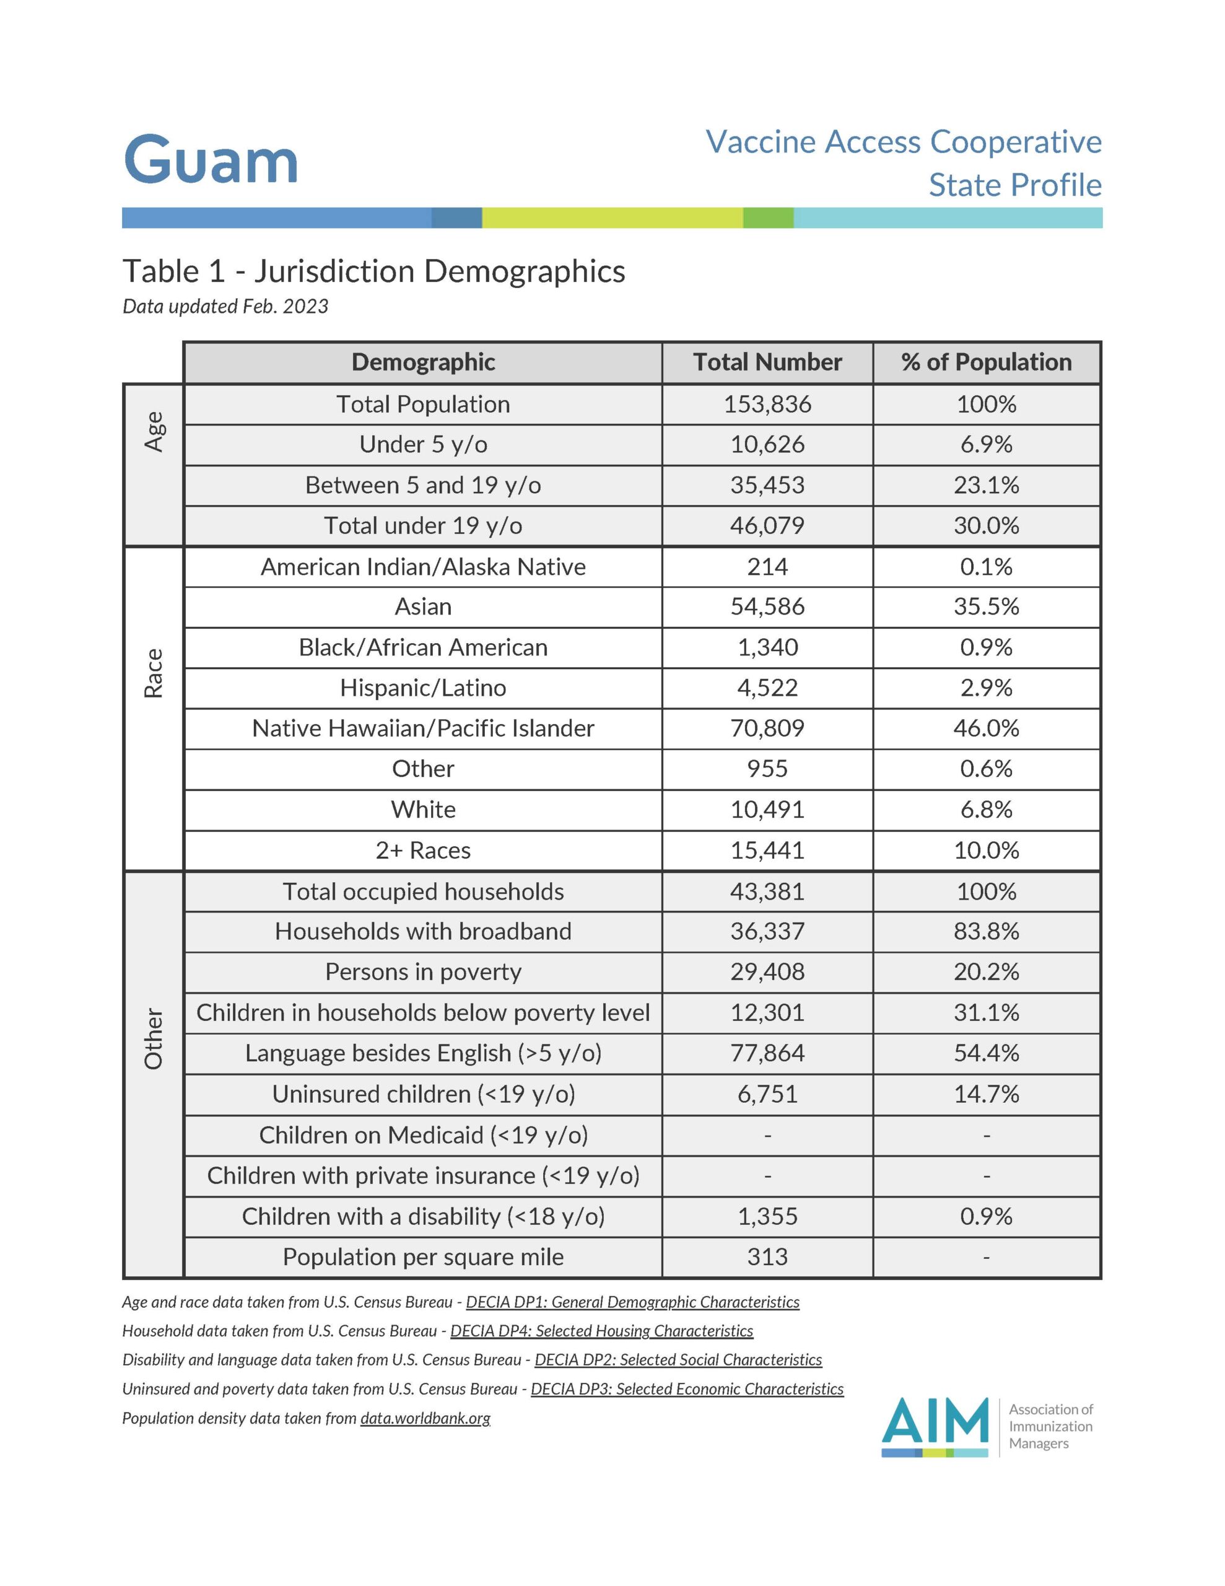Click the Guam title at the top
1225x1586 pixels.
click(211, 160)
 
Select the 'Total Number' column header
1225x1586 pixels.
click(767, 362)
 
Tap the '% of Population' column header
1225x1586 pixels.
click(986, 362)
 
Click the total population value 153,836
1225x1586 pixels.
click(767, 405)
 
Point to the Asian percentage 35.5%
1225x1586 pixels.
click(986, 607)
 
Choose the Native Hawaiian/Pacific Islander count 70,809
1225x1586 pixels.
click(767, 729)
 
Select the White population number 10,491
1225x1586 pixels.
click(767, 810)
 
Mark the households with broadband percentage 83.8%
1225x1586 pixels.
click(986, 931)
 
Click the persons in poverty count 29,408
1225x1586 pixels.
click(767, 971)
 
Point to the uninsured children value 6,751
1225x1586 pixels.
click(767, 1093)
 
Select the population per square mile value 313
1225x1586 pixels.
click(767, 1256)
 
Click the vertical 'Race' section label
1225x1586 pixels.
click(153, 673)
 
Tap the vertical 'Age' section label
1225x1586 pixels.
click(153, 431)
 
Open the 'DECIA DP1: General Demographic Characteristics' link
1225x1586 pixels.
click(632, 1302)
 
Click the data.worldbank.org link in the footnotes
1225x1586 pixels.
click(425, 1417)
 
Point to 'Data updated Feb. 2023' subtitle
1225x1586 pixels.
click(225, 307)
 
